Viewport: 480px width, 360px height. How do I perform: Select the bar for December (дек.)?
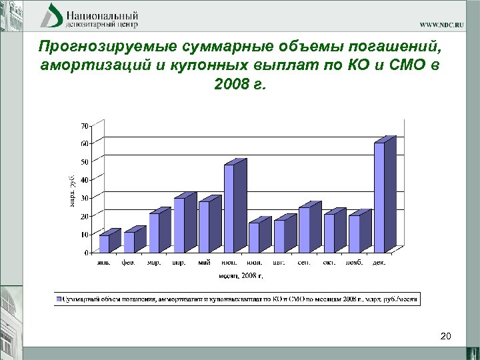[379, 197]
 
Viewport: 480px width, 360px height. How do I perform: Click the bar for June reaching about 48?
[229, 208]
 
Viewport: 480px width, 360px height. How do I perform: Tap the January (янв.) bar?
[104, 243]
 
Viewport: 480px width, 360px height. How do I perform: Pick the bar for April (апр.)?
[179, 225]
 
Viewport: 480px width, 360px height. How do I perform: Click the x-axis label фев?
[128, 263]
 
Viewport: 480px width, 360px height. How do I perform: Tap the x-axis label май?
[203, 263]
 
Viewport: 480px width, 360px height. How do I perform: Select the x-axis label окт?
[329, 263]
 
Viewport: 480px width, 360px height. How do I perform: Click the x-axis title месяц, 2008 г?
[241, 275]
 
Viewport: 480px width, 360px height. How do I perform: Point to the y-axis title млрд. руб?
[72, 189]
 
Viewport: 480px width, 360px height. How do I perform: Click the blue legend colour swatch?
[59, 300]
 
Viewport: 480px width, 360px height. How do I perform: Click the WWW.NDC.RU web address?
[442, 24]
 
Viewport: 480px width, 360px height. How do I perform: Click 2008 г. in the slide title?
[239, 85]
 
